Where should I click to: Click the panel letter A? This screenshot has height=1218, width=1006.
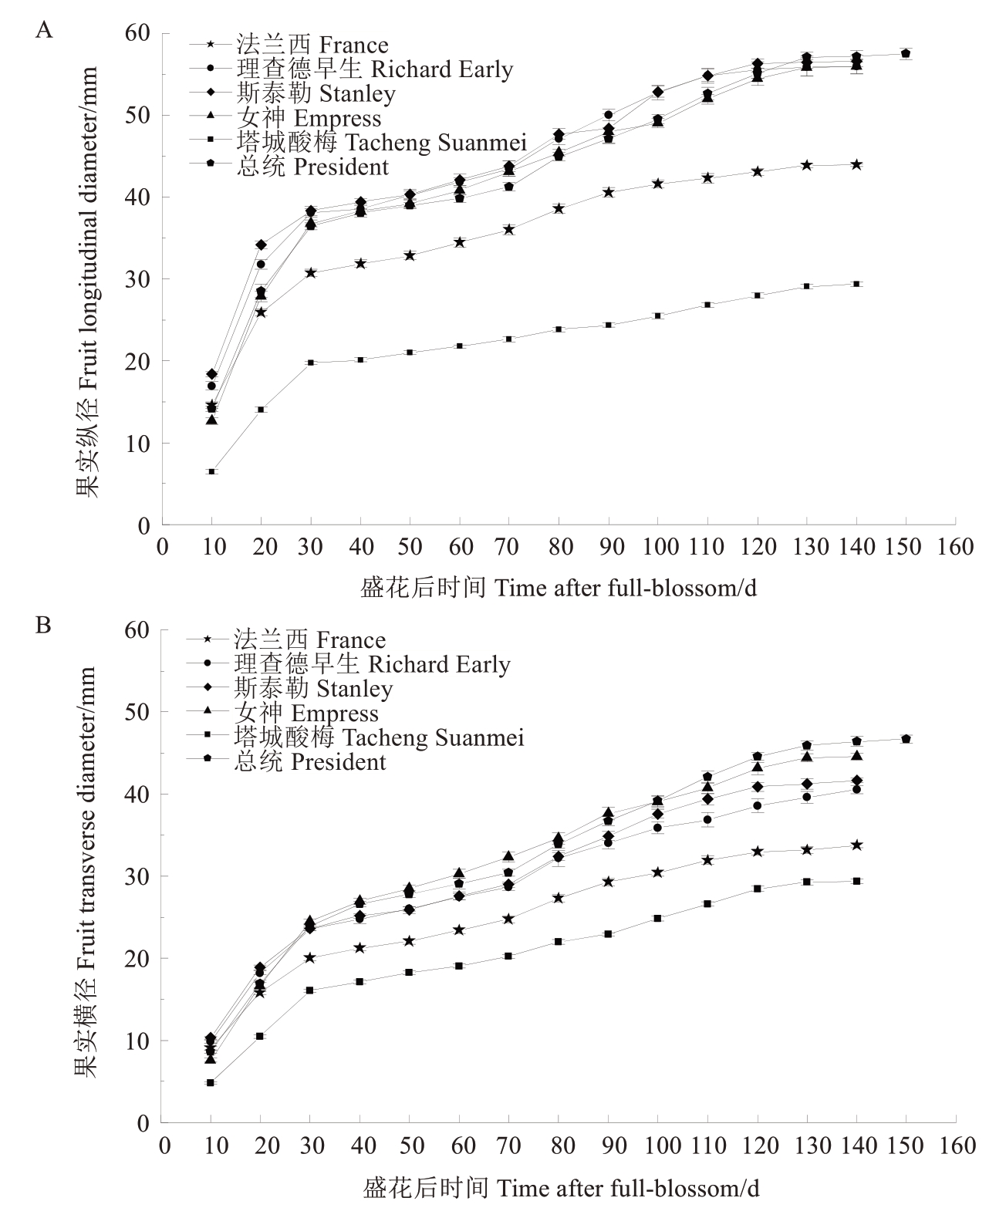[44, 29]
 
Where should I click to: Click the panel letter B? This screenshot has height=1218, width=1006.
[43, 625]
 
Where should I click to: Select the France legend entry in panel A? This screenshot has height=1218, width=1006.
[289, 44]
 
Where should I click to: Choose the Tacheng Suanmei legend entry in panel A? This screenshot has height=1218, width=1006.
[358, 142]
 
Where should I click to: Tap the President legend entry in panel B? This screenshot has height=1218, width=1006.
[286, 761]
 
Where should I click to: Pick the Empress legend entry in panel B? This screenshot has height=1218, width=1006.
[283, 713]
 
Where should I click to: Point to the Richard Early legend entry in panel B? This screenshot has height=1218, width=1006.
[349, 664]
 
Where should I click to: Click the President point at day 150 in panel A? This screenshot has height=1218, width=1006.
[906, 54]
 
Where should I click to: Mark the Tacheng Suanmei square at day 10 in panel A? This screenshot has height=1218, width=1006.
[212, 471]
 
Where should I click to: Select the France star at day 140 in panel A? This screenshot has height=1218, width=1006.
[856, 164]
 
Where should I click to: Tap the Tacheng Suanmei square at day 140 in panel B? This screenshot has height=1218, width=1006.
[856, 881]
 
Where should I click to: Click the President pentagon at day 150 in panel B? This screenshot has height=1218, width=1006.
[906, 738]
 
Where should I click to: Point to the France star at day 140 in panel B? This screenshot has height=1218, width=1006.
[856, 845]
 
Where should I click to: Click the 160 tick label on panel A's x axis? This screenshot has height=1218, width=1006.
[955, 547]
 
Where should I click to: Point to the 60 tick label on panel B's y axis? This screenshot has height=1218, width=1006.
[137, 630]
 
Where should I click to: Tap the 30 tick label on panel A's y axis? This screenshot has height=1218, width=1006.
[137, 278]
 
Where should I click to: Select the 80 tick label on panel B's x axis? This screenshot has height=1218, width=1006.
[562, 1145]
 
